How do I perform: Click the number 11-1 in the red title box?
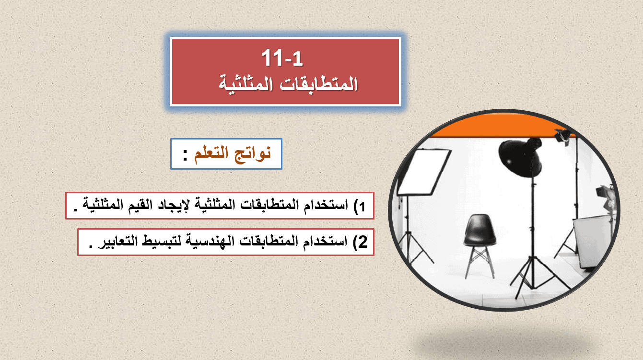tap(282, 58)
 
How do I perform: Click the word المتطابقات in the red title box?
tap(319, 84)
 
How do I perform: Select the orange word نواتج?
tap(253, 154)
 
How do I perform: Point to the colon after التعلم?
tap(186, 155)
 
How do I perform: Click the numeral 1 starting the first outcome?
tap(362, 207)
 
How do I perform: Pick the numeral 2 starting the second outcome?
tap(363, 242)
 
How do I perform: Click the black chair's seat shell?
tap(479, 230)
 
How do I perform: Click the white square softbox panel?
tap(424, 172)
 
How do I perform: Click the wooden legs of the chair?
tap(479, 262)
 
